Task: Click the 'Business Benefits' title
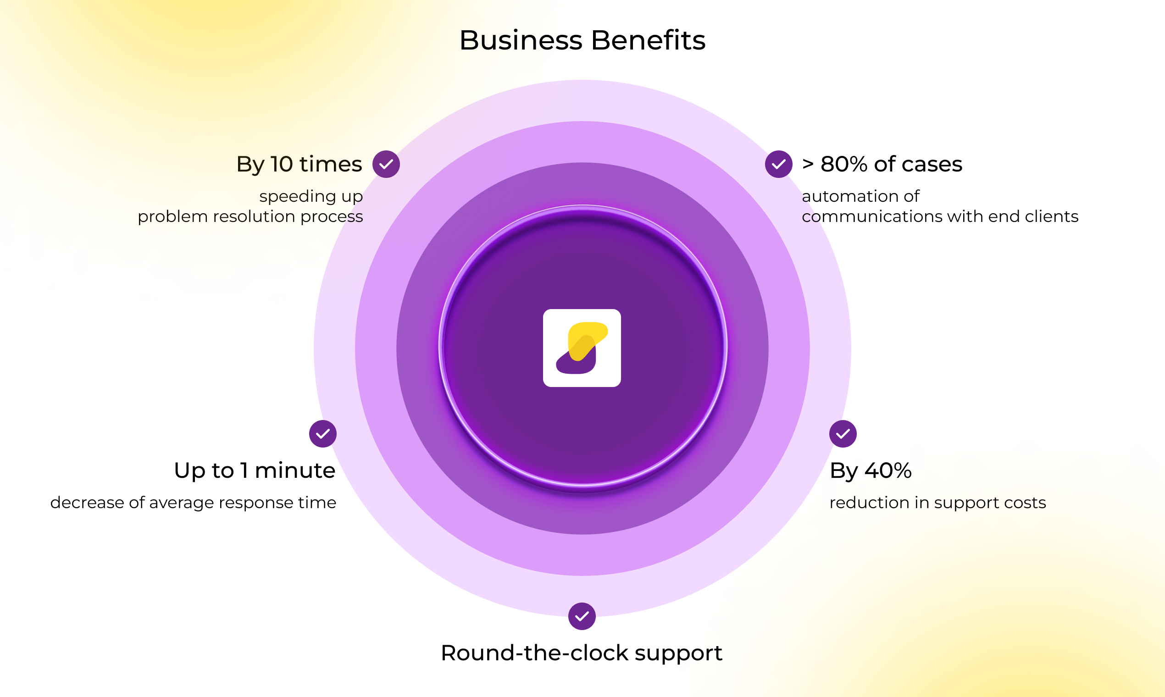pos(582,40)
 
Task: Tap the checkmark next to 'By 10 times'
pos(386,164)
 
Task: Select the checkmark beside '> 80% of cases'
pos(778,164)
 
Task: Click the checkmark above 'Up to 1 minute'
pos(323,433)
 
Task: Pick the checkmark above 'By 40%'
pos(843,433)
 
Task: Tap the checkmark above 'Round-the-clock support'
pos(582,616)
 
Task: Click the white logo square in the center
pos(582,348)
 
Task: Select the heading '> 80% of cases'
pos(882,164)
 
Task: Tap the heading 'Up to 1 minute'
pos(255,470)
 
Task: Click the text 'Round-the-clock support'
pos(582,653)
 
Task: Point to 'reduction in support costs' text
pos(938,503)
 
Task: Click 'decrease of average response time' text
pos(193,503)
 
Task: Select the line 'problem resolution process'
pos(250,217)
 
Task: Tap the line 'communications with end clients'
pos(940,216)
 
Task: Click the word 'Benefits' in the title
pos(648,40)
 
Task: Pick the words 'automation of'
pos(860,196)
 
